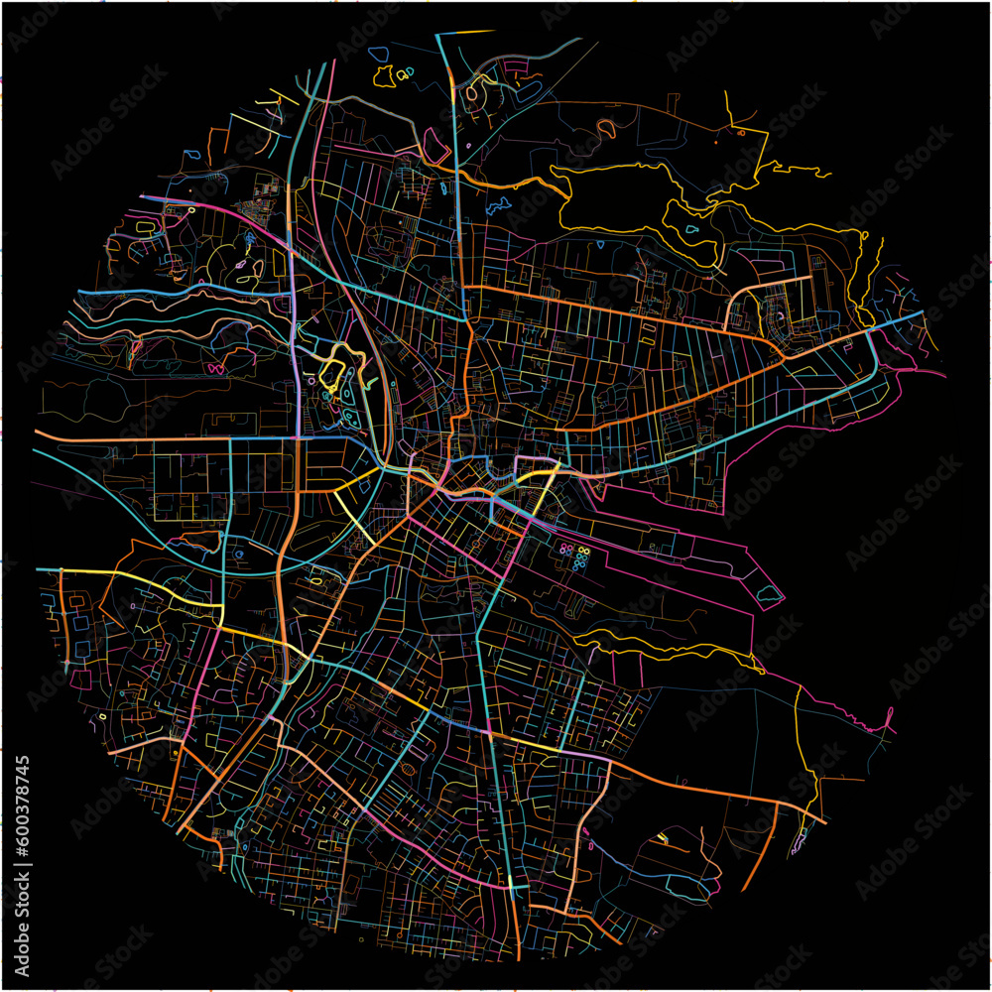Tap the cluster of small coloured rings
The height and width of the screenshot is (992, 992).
tap(574, 557)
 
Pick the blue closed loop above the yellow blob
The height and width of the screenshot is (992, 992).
tap(377, 53)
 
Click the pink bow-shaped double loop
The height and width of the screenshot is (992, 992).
tap(215, 368)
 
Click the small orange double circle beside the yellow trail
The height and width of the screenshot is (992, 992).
tap(739, 132)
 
